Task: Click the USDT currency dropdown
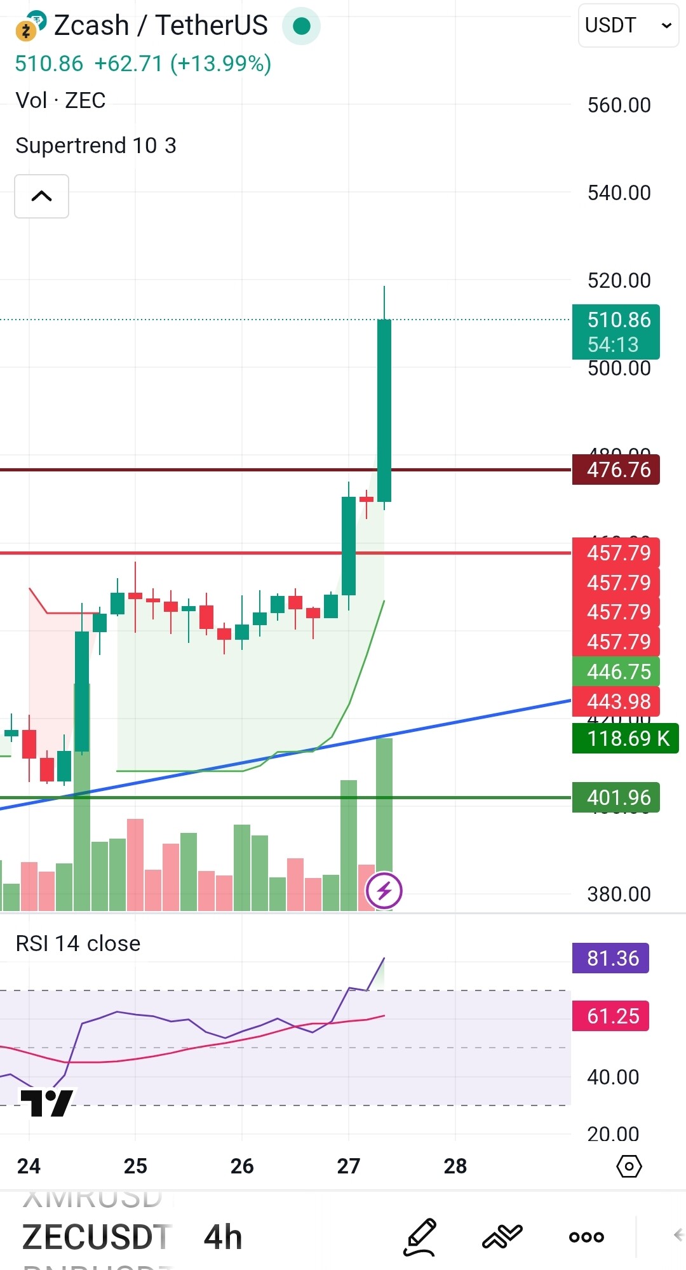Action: coord(628,25)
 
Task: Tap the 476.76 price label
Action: coord(615,470)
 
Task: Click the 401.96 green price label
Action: coord(615,797)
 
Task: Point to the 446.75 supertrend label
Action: coord(615,672)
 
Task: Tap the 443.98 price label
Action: coord(615,701)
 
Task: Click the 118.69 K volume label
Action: coord(625,738)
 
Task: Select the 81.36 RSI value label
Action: coord(610,958)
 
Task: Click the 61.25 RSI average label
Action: coord(610,1016)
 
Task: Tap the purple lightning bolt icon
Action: coord(384,891)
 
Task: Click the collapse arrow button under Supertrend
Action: coord(42,196)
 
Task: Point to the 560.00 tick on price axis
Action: coord(619,105)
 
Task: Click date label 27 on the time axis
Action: coord(348,1166)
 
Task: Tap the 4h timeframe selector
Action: coord(223,1238)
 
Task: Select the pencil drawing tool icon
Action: coord(420,1236)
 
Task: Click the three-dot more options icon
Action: coord(586,1237)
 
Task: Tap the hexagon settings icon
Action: coord(629,1166)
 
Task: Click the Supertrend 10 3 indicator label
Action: coord(96,145)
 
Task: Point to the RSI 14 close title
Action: coord(78,943)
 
